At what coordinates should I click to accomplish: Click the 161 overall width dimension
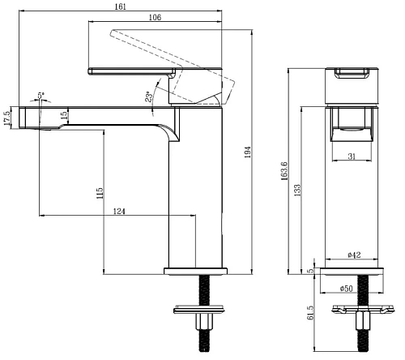(121, 6)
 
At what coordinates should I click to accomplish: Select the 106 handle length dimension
(155, 17)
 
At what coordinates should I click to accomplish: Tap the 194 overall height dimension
(248, 152)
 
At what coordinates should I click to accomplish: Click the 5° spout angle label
(40, 96)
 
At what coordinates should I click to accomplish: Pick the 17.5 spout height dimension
(7, 118)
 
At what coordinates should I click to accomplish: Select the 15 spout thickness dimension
(64, 115)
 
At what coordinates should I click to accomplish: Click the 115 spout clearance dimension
(100, 193)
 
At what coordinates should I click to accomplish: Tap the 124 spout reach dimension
(119, 211)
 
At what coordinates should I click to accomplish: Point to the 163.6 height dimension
(284, 171)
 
